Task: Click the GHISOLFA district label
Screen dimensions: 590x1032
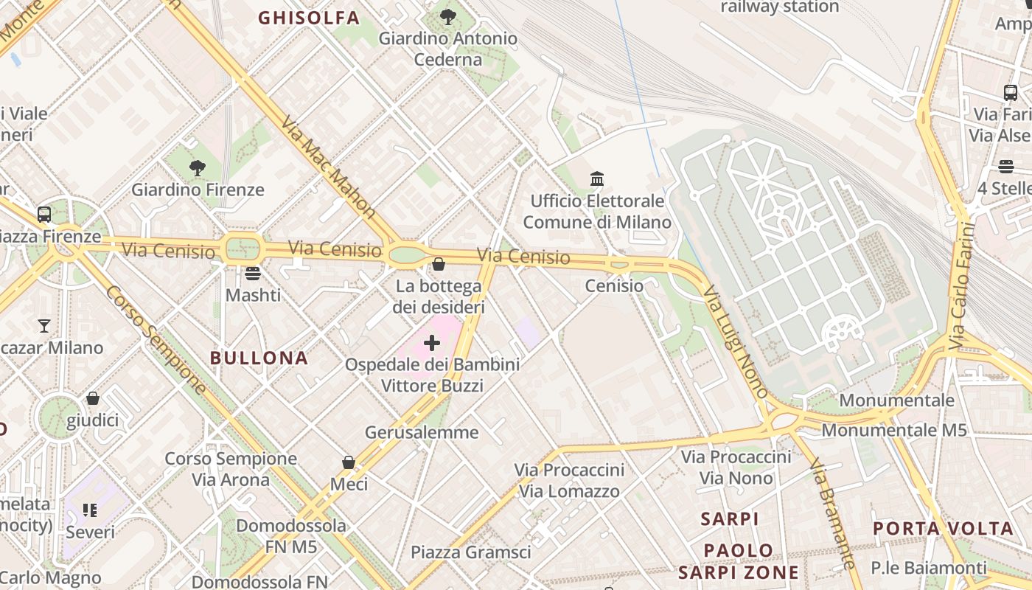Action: [309, 18]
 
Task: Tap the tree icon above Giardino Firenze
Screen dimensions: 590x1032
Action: [197, 168]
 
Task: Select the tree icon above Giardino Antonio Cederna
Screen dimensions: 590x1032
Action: [447, 16]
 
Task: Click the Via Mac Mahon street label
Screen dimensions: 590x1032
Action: [329, 167]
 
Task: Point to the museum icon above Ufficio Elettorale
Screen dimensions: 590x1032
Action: [597, 179]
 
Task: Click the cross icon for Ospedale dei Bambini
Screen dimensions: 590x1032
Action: [432, 343]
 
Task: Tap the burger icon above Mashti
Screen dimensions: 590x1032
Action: [253, 274]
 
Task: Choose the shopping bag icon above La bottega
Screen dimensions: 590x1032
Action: [439, 264]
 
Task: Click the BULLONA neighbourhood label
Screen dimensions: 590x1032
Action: [259, 358]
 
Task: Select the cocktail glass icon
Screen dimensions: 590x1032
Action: [44, 325]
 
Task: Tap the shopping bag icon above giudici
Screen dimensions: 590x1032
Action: [93, 398]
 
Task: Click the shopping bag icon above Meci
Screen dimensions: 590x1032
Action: [349, 462]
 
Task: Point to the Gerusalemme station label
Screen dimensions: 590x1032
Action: [422, 432]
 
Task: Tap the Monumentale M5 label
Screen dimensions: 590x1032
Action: [893, 430]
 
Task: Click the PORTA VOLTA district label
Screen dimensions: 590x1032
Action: [944, 529]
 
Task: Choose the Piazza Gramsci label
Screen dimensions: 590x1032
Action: [470, 552]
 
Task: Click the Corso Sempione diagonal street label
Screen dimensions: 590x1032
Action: [156, 340]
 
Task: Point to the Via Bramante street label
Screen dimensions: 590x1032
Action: [832, 513]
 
